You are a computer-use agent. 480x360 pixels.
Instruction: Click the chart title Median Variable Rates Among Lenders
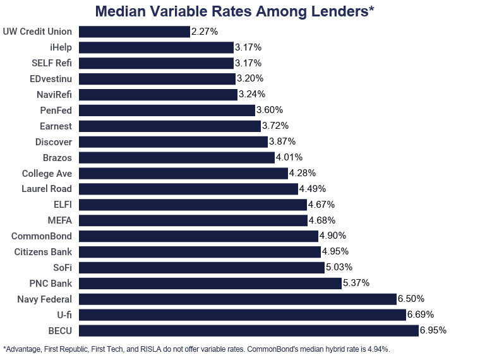point(234,11)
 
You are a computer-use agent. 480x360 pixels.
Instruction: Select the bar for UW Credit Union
point(134,32)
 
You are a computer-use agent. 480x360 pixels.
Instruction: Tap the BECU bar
point(248,330)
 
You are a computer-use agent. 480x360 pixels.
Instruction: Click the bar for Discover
point(173,141)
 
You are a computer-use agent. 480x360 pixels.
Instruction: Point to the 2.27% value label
point(204,32)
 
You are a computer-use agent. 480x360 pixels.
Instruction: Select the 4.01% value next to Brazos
point(289,157)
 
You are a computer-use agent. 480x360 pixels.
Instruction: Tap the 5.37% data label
point(356,283)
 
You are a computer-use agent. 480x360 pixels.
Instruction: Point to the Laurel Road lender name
point(47,189)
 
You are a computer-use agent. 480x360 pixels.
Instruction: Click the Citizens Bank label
point(43,252)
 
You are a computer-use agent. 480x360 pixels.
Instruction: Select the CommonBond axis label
point(42,236)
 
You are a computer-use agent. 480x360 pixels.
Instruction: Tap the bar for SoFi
point(201,267)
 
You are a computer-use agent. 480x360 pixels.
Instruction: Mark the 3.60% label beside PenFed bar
point(270,110)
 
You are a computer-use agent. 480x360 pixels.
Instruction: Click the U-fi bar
point(242,315)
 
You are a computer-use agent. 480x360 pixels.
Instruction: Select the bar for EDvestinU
point(157,79)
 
